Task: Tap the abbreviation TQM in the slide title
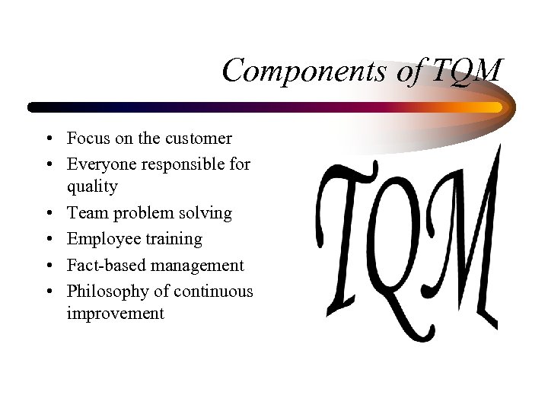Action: pyautogui.click(x=467, y=71)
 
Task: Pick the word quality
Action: pyautogui.click(x=92, y=187)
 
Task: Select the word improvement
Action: pyautogui.click(x=115, y=314)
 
